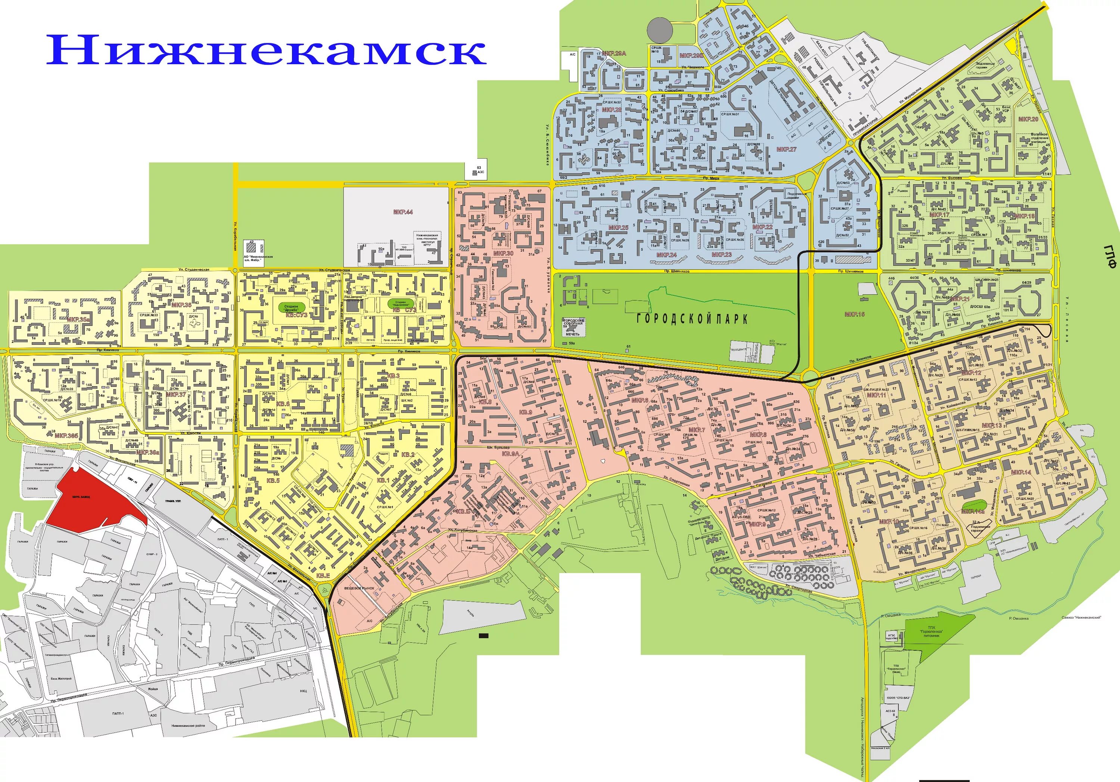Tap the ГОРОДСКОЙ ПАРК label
pos(692,319)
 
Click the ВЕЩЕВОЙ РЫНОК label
pos(359,588)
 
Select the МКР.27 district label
pos(786,149)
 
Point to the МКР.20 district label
pos(1028,119)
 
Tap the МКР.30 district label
pos(503,254)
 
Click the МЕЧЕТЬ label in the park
pos(573,334)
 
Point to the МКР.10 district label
pos(889,522)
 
